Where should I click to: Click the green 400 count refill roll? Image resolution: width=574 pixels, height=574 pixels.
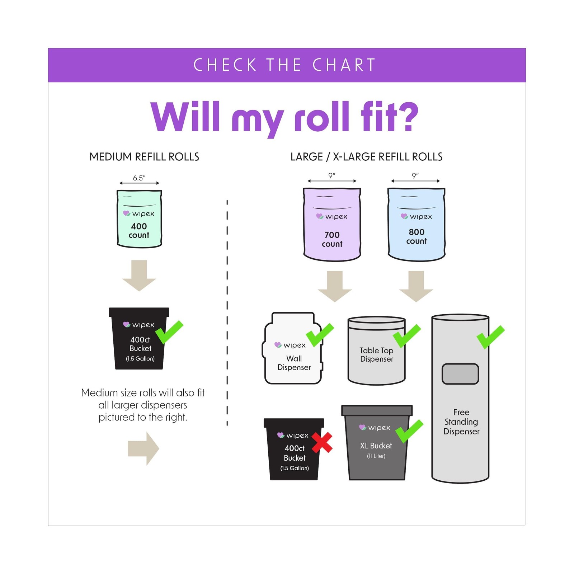point(139,219)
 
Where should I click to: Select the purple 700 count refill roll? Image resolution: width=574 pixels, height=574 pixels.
point(332,224)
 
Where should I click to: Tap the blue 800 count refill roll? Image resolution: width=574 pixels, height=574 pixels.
point(416,224)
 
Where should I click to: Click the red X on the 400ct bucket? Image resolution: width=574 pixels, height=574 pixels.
point(322,442)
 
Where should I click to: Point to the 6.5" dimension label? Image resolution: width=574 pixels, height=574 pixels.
point(139,178)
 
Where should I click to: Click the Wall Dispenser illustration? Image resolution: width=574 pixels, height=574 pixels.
point(293,348)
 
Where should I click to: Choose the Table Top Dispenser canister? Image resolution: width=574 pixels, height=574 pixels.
point(377,350)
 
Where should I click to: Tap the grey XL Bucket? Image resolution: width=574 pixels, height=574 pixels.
point(377,443)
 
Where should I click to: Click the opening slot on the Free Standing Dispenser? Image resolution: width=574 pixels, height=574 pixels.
point(460,374)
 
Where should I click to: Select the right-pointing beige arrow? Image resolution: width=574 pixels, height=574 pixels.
point(143,448)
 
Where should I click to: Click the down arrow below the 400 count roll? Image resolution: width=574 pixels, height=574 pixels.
point(139,276)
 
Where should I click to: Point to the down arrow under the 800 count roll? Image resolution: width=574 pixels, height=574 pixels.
point(416,286)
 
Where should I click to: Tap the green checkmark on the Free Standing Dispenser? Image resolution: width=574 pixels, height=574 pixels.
point(490,337)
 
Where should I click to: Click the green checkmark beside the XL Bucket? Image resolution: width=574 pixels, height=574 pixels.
point(409,432)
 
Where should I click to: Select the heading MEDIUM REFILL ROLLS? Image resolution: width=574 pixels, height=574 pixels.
point(144,157)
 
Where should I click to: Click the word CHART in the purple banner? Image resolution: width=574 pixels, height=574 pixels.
point(344,65)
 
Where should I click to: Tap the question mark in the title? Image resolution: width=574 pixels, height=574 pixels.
point(409,116)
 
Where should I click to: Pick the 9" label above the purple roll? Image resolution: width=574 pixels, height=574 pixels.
point(332,175)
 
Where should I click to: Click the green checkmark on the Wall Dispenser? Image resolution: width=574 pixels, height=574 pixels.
point(320,335)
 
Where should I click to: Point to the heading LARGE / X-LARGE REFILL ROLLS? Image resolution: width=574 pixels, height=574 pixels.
point(366,157)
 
